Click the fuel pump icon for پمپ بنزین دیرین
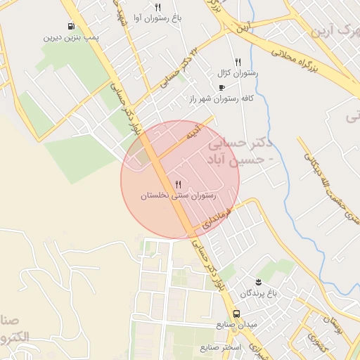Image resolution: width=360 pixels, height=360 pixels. (x=71, y=27)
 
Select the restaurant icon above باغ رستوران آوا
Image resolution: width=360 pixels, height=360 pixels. (x=157, y=7)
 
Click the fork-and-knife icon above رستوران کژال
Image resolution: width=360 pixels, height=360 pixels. (x=238, y=62)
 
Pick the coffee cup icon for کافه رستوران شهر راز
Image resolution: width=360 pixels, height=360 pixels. (x=222, y=88)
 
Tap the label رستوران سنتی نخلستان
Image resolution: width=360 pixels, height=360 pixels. (x=177, y=195)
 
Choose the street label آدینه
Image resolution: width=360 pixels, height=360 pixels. (x=191, y=131)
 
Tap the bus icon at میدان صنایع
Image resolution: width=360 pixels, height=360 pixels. (x=236, y=314)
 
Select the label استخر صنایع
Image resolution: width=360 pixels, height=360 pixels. (x=221, y=347)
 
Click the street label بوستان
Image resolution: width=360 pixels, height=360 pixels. (x=335, y=324)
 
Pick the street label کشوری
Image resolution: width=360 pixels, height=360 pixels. (x=310, y=343)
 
